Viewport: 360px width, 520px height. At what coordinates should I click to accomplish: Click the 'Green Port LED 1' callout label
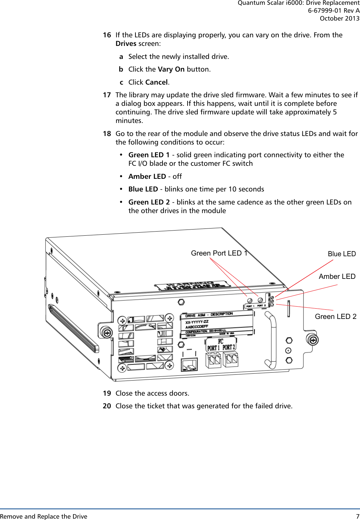[219, 253]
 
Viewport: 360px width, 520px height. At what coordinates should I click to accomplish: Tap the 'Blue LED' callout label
[341, 254]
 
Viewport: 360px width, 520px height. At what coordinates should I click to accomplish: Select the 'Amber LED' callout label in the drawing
[337, 276]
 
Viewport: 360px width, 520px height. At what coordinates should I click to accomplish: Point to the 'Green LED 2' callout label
[335, 317]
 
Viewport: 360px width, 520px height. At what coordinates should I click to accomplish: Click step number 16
[107, 35]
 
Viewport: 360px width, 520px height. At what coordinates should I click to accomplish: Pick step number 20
[107, 406]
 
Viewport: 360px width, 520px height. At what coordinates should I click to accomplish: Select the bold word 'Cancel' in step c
[156, 82]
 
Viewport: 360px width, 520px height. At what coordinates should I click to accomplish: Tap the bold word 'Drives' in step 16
[126, 44]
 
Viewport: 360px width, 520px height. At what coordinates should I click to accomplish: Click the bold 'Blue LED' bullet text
[143, 189]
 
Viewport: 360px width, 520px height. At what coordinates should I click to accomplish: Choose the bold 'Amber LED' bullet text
[147, 176]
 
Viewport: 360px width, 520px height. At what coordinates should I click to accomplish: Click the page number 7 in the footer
[358, 516]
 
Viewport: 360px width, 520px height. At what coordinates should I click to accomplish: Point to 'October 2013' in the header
[339, 18]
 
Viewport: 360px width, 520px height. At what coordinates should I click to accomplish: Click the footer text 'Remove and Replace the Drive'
[44, 516]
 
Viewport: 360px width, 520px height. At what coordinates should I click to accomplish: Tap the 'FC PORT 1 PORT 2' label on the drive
[221, 345]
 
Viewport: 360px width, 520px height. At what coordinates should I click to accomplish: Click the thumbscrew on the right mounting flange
[313, 339]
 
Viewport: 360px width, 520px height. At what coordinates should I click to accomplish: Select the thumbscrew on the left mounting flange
[107, 332]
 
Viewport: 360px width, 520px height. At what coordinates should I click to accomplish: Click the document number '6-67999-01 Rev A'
[334, 11]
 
